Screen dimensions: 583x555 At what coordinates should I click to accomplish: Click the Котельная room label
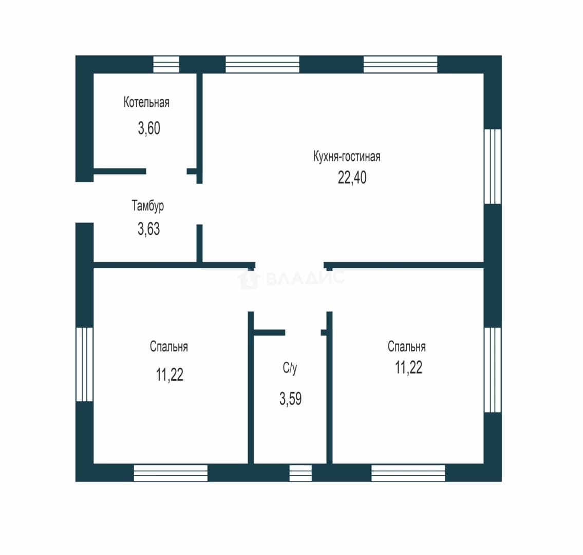pos(146,102)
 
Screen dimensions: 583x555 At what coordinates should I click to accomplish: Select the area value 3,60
pos(149,128)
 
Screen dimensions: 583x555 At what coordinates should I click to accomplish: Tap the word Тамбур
pos(147,206)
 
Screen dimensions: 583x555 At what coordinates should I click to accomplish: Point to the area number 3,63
pos(149,229)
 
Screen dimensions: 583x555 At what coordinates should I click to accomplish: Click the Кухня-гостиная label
pos(347,156)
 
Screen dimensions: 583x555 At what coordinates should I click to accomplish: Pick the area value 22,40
pos(352,177)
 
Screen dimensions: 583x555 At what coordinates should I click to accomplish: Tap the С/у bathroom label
pos(290,368)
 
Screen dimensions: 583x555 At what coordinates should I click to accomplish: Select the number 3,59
pos(290,399)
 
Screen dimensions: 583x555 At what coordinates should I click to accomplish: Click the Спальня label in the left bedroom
pos(169,347)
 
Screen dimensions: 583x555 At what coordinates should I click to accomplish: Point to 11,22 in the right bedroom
pos(408,367)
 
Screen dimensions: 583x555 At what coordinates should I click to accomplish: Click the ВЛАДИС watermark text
pos(305,278)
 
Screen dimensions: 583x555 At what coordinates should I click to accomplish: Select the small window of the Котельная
pos(166,64)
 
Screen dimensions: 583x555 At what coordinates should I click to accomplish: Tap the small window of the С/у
pos(300,473)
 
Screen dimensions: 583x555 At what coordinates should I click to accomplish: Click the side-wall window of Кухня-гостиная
pos(493,166)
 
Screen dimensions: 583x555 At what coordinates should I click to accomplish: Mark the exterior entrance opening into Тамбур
pos(84,202)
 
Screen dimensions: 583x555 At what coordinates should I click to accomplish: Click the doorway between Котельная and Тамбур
pos(166,172)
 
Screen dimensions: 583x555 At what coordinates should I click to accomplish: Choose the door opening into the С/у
pos(303,332)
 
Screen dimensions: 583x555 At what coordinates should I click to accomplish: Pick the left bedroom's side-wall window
pos(84,364)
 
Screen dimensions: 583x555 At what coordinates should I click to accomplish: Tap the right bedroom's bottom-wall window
pos(408,473)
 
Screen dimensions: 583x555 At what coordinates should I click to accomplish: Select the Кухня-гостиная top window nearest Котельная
pos(262,64)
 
